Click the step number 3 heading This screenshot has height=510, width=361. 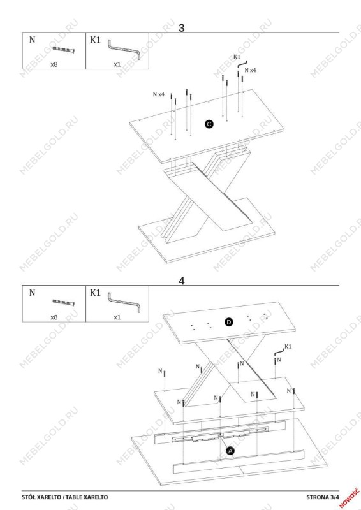(x=181, y=28)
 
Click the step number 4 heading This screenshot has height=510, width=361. (x=182, y=281)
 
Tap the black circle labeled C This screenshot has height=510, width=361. (x=209, y=124)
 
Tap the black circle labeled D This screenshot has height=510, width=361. (x=229, y=322)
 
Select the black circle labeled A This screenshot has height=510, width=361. (x=230, y=451)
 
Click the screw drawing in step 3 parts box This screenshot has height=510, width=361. (x=64, y=50)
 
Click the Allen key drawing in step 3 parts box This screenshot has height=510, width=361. (x=124, y=49)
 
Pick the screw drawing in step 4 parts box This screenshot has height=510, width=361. (x=64, y=302)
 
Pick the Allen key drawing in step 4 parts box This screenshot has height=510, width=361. (x=124, y=302)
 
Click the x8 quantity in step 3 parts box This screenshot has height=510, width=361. (x=54, y=64)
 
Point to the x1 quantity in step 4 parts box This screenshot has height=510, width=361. (x=117, y=317)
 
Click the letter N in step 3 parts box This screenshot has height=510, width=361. (x=33, y=40)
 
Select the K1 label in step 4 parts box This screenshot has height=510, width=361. (x=96, y=293)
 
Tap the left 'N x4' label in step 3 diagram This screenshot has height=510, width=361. (x=159, y=94)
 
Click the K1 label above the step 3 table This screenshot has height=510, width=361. (x=237, y=57)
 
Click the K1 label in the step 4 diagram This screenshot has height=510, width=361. (x=288, y=346)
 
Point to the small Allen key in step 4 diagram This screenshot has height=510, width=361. (x=279, y=352)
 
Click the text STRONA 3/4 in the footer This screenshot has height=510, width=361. (x=323, y=497)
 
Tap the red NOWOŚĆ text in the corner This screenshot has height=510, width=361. (x=350, y=497)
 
